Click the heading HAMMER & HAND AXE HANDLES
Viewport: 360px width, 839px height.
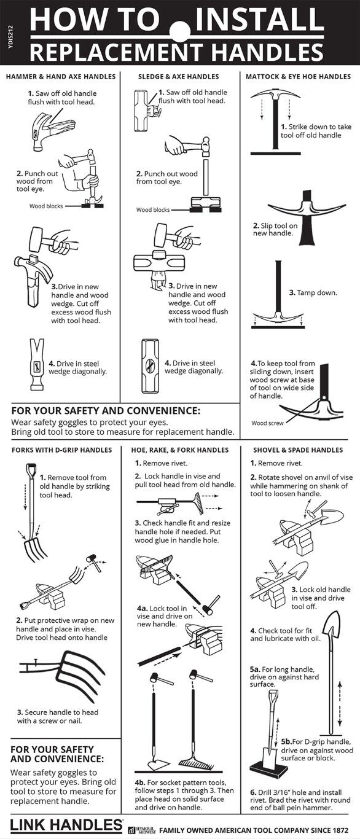point(61,77)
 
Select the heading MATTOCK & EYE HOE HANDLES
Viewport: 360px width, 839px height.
point(298,77)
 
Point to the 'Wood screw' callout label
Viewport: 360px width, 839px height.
point(268,423)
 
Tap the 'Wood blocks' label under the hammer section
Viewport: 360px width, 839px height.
point(47,206)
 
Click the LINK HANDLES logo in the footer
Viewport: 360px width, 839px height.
point(66,824)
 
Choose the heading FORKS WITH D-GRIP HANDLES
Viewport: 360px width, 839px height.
point(61,450)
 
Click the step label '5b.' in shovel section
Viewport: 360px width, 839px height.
point(286,742)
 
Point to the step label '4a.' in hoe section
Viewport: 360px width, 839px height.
point(142,608)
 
